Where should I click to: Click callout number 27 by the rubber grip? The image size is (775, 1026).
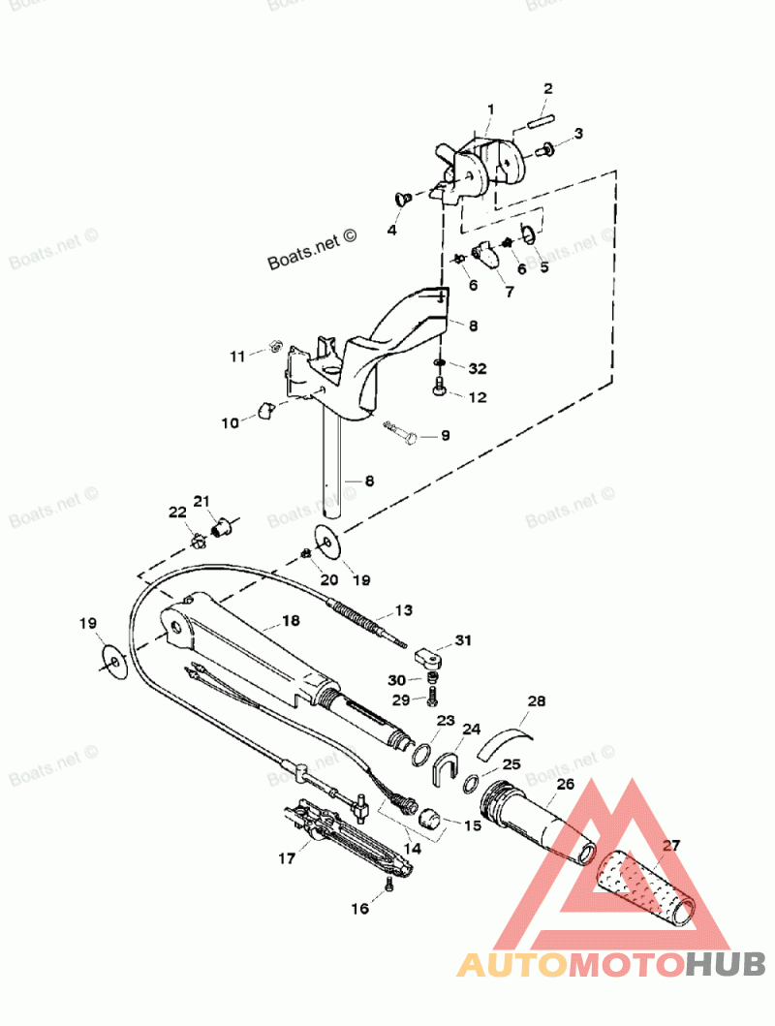pos(671,845)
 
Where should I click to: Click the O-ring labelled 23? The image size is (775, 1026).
pos(420,753)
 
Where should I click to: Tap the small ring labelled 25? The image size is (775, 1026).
pos(471,783)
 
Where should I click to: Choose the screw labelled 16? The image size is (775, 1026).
pos(388,885)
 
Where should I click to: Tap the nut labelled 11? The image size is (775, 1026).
pos(274,346)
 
